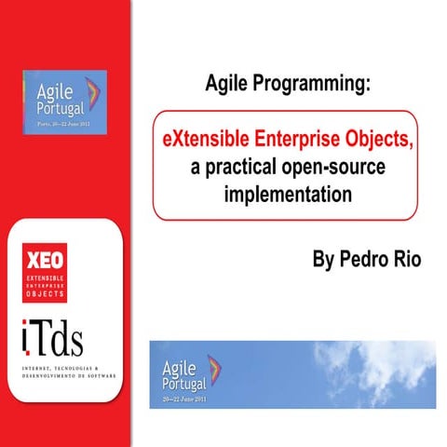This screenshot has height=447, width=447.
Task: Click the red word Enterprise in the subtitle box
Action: point(296,139)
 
